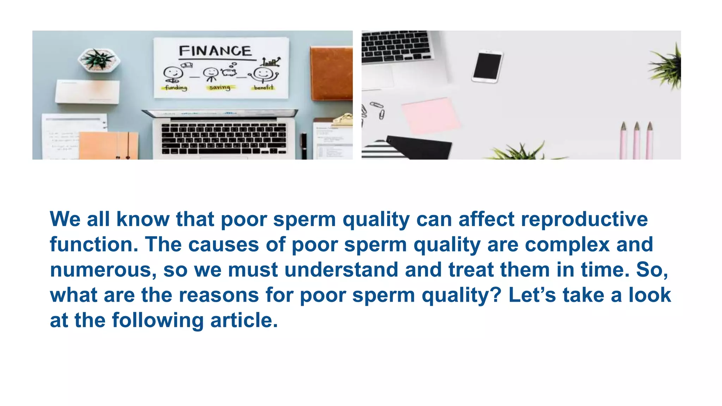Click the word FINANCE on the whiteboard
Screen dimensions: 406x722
click(x=215, y=51)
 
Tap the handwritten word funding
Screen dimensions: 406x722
click(x=176, y=87)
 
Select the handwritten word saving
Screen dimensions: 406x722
click(x=220, y=87)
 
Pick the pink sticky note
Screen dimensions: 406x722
click(x=431, y=116)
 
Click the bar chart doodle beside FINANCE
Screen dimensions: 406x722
click(x=271, y=62)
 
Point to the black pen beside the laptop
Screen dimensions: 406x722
click(x=304, y=145)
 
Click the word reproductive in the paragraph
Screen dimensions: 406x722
click(x=584, y=219)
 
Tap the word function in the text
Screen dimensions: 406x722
click(x=94, y=244)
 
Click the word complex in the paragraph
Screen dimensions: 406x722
click(x=567, y=244)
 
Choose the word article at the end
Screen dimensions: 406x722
click(x=244, y=320)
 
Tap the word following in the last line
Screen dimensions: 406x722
click(x=158, y=320)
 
